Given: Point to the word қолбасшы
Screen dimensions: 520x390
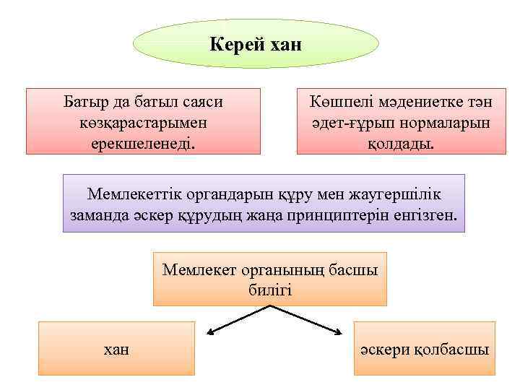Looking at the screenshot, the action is (x=453, y=350).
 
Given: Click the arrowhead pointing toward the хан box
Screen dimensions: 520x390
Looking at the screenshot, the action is (x=210, y=333).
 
